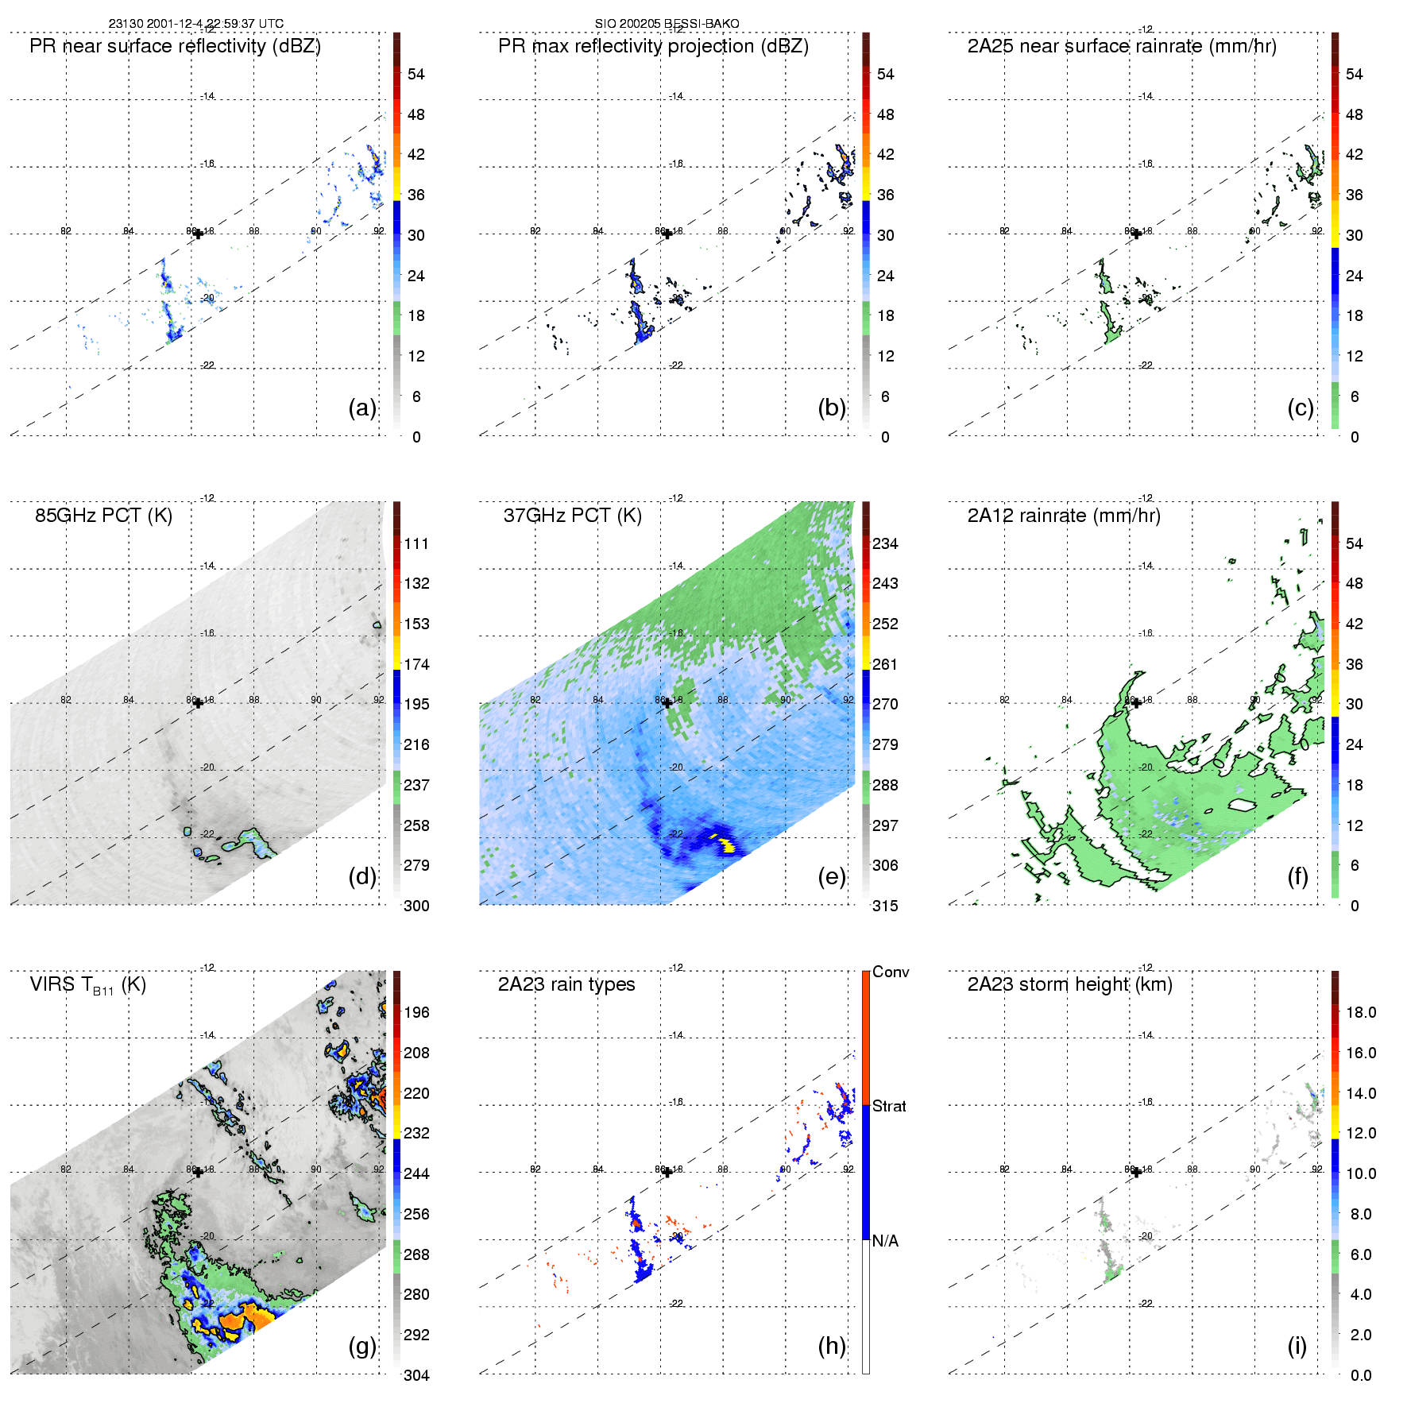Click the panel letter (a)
point(362,408)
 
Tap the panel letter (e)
point(831,876)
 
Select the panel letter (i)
point(1297,1346)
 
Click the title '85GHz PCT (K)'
point(103,516)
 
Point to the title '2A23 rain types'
point(566,984)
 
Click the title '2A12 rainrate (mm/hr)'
point(1064,516)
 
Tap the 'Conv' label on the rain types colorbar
point(891,972)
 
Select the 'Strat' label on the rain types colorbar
point(889,1106)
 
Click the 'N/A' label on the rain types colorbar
point(885,1240)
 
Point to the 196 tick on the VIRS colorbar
point(416,1012)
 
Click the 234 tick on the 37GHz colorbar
point(885,543)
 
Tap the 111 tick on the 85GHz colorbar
point(416,543)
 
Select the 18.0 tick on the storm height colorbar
point(1361,1012)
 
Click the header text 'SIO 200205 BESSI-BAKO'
point(667,24)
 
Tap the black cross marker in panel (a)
point(198,234)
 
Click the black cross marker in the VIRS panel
point(198,1173)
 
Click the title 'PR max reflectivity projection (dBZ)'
point(653,46)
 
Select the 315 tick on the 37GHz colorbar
point(885,906)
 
